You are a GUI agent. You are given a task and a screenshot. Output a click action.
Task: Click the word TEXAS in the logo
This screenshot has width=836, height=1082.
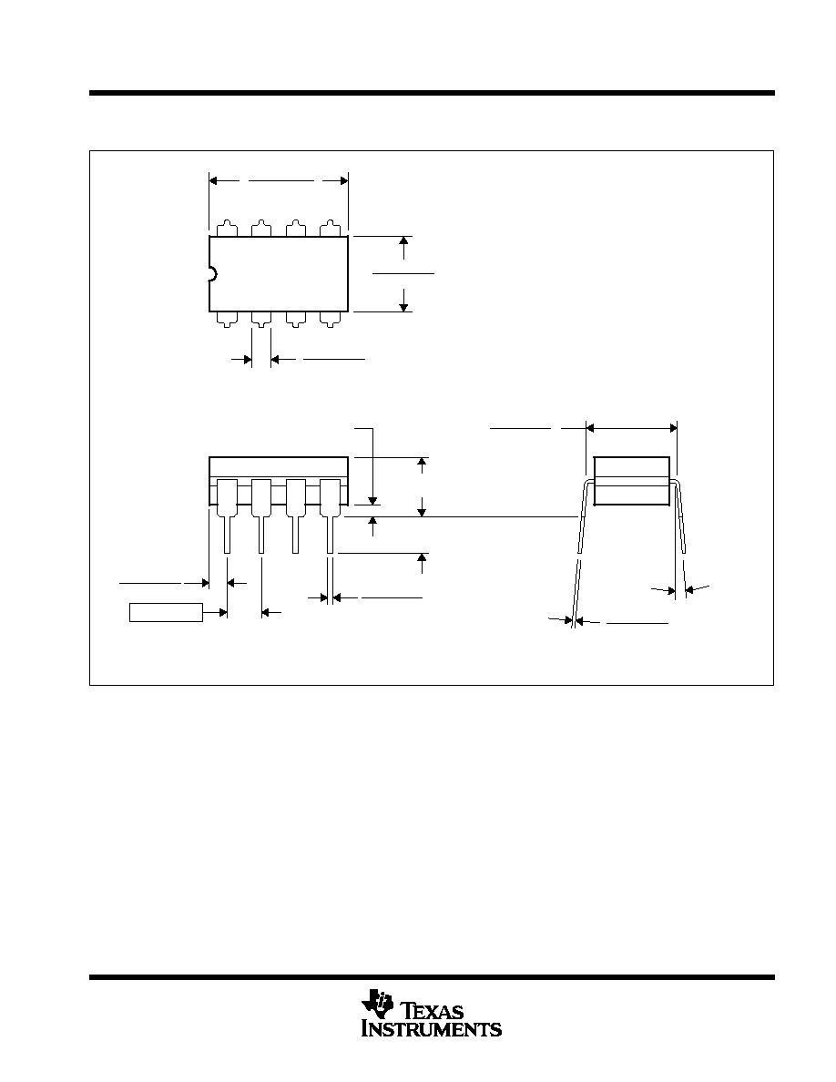click(433, 1011)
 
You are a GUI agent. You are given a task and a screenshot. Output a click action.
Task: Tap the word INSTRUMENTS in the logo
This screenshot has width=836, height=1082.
click(432, 1028)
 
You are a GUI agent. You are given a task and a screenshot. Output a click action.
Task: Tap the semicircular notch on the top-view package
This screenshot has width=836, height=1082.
click(213, 274)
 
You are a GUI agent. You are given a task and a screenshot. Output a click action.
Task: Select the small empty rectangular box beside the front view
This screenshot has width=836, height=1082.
click(167, 612)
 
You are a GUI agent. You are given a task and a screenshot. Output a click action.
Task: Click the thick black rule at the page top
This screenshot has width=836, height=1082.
click(432, 93)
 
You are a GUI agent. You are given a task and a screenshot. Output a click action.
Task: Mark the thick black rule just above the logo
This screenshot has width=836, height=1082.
click(432, 977)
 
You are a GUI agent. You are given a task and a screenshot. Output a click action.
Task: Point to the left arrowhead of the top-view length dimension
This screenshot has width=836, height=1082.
click(213, 181)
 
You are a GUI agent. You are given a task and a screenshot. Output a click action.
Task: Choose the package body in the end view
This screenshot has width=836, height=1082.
click(632, 480)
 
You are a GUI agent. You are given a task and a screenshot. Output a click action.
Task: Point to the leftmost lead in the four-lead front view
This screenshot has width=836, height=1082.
click(228, 515)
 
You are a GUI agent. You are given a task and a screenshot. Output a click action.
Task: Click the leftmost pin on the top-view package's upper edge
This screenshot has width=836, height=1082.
click(227, 229)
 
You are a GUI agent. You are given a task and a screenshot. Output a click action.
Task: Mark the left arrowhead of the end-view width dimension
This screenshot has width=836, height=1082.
click(590, 429)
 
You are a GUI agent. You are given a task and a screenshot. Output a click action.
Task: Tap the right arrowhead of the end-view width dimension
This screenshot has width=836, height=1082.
click(672, 429)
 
